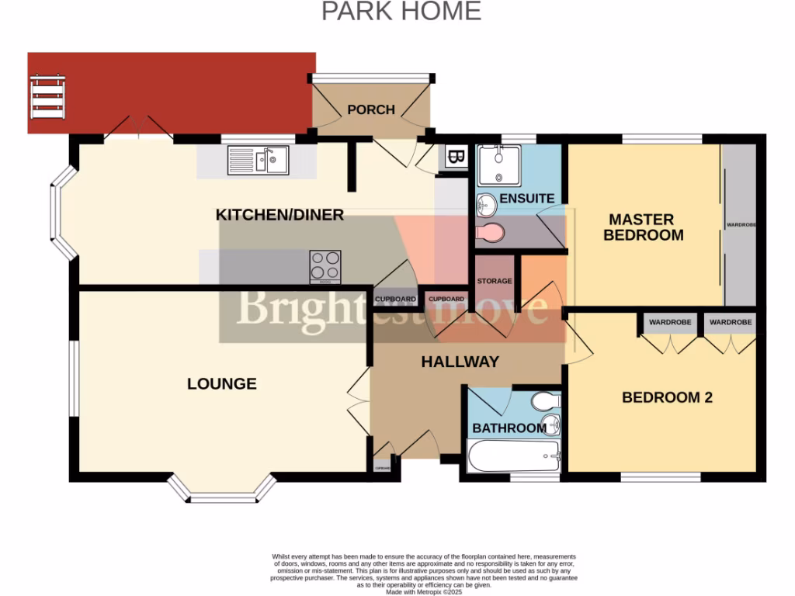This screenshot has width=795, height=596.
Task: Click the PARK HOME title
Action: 401,12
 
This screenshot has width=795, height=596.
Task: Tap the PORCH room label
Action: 371,109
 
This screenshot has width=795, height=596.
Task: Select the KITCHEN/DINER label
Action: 279,215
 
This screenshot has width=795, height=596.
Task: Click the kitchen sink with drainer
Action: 258,161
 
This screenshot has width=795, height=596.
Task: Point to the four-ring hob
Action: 325,265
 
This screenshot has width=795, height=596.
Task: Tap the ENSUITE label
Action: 527,199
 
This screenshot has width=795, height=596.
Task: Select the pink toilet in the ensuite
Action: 490,232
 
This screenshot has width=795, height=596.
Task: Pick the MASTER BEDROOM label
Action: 643,227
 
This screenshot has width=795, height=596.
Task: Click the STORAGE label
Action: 495,281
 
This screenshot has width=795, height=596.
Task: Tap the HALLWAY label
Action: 460,362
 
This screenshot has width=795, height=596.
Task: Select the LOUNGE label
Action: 222,383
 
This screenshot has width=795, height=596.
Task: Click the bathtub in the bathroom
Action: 512,456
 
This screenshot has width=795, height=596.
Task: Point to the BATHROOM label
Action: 509,428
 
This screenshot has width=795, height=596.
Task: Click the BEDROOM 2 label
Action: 667,397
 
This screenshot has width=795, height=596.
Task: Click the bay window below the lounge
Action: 222,489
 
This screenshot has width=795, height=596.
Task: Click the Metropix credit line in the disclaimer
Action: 423,591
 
